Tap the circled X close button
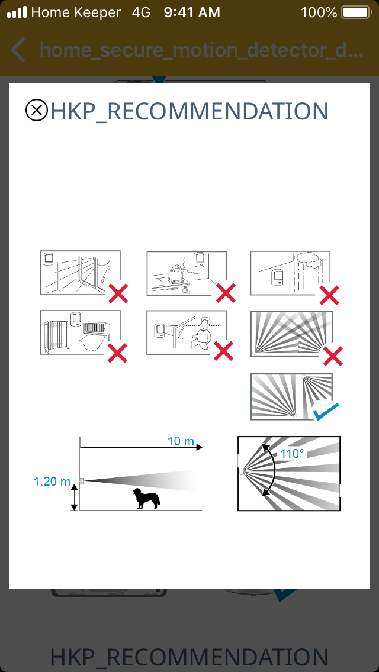click(x=37, y=111)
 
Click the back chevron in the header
click(x=18, y=50)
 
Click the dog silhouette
click(x=147, y=499)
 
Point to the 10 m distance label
click(x=181, y=441)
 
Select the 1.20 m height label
click(x=52, y=482)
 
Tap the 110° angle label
click(x=293, y=454)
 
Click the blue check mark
click(x=326, y=411)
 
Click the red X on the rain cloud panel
click(x=330, y=295)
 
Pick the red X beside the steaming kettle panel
click(x=226, y=293)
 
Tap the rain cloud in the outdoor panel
click(x=307, y=259)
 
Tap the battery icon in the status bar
click(x=356, y=12)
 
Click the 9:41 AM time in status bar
click(x=192, y=12)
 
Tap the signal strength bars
click(x=17, y=12)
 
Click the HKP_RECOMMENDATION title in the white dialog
click(x=189, y=111)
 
